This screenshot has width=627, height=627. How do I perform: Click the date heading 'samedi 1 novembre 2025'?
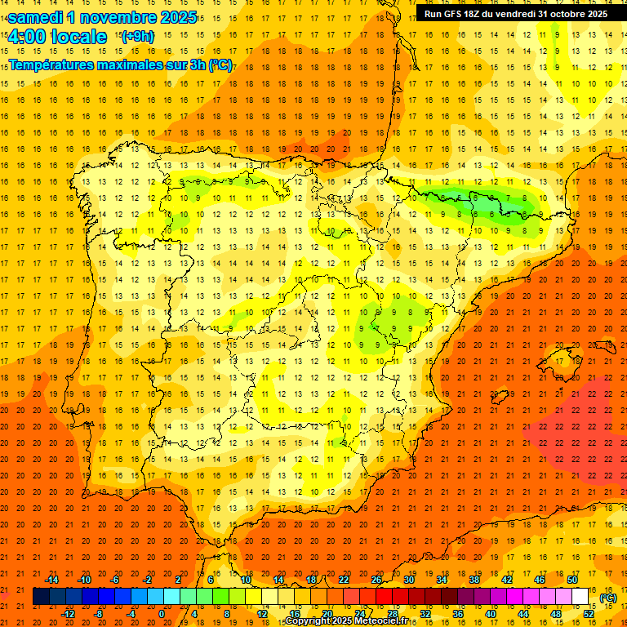(x=102, y=17)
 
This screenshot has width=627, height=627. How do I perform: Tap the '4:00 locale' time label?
(x=57, y=37)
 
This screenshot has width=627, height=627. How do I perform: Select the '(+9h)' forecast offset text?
(x=137, y=37)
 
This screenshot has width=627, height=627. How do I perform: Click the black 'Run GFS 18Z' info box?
(x=516, y=13)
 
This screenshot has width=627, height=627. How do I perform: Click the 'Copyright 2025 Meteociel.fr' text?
(x=346, y=621)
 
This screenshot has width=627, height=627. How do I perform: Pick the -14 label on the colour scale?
(x=51, y=580)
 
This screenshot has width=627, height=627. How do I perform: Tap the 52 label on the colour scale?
(x=589, y=614)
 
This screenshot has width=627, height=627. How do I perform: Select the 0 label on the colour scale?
(x=162, y=614)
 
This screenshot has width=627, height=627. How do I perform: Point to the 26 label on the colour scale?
(x=376, y=580)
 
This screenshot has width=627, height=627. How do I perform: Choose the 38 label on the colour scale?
(x=474, y=580)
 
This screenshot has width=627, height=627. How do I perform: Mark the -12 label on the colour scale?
(x=68, y=614)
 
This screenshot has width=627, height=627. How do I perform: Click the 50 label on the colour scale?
(x=572, y=580)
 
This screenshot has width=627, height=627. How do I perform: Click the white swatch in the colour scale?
(x=580, y=597)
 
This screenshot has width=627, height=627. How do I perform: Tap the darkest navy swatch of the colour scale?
(x=41, y=597)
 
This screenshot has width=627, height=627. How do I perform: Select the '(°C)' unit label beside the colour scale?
(x=608, y=598)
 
